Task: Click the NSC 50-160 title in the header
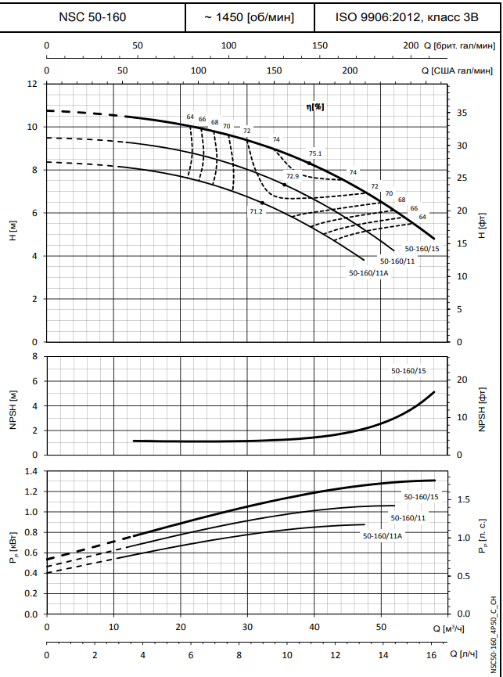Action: pyautogui.click(x=92, y=16)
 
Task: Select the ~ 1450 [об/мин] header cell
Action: pyautogui.click(x=248, y=16)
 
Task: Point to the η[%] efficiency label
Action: pyautogui.click(x=315, y=106)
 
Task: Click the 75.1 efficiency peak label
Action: pyautogui.click(x=315, y=153)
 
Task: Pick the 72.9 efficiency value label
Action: pyautogui.click(x=293, y=176)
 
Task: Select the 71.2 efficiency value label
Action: pyautogui.click(x=256, y=211)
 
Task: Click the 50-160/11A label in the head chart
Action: pyautogui.click(x=368, y=273)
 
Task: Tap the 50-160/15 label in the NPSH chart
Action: pyautogui.click(x=408, y=369)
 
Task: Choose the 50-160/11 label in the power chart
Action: pyautogui.click(x=408, y=518)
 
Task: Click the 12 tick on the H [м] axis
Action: pyautogui.click(x=32, y=84)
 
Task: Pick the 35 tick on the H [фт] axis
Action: pyautogui.click(x=462, y=113)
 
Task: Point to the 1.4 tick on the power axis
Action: pyautogui.click(x=31, y=471)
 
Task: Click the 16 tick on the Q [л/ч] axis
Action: pyautogui.click(x=431, y=654)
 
